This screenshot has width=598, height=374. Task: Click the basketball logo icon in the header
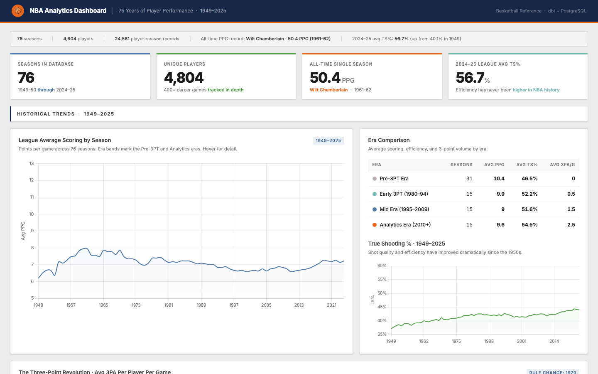(x=18, y=11)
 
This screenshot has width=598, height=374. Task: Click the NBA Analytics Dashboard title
(x=68, y=11)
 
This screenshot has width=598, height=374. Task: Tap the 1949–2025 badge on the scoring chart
(x=328, y=140)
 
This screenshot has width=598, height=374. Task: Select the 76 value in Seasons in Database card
(x=26, y=78)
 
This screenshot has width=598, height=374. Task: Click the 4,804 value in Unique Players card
(x=184, y=78)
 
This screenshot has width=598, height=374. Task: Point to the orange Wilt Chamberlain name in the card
(x=328, y=90)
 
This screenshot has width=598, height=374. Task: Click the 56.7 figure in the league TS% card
(x=470, y=78)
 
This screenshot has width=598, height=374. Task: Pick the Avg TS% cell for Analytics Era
(x=529, y=225)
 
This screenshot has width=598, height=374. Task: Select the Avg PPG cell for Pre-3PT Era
(x=499, y=179)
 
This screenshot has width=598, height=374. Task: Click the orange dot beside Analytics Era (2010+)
(x=375, y=225)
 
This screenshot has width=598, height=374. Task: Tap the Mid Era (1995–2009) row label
(x=404, y=209)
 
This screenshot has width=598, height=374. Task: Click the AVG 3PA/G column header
(x=562, y=165)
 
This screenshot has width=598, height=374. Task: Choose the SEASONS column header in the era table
(x=461, y=165)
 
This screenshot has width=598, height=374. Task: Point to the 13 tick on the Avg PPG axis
(x=32, y=163)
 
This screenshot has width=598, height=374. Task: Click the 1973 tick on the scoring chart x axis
(x=136, y=305)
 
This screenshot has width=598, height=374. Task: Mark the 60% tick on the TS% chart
(x=382, y=266)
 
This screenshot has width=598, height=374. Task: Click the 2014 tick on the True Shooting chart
(x=554, y=341)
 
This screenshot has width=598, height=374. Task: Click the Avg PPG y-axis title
(x=23, y=231)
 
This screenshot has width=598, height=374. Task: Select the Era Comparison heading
(x=389, y=140)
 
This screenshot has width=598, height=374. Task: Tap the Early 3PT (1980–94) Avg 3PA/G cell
(x=571, y=194)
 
